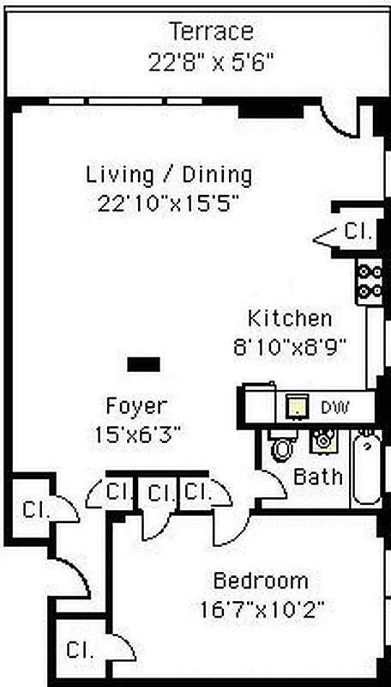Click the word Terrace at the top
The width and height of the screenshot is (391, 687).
tap(211, 32)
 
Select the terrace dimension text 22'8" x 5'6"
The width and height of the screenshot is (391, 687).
tap(211, 62)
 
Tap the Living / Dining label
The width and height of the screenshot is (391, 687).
tap(169, 175)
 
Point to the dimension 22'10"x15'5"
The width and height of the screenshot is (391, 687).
tap(168, 204)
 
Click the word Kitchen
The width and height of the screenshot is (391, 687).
tap(290, 319)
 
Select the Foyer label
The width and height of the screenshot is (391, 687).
tap(136, 405)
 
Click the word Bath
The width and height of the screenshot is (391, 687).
tap(318, 477)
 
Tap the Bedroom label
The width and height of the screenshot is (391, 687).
tap(261, 580)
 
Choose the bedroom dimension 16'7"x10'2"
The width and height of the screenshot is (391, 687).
tap(261, 610)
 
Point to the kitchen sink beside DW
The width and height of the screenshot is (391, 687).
tap(297, 405)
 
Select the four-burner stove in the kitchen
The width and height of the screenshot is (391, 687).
tap(370, 283)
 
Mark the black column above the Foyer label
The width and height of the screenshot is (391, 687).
tap(143, 364)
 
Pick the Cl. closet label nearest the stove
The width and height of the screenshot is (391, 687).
tap(354, 231)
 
